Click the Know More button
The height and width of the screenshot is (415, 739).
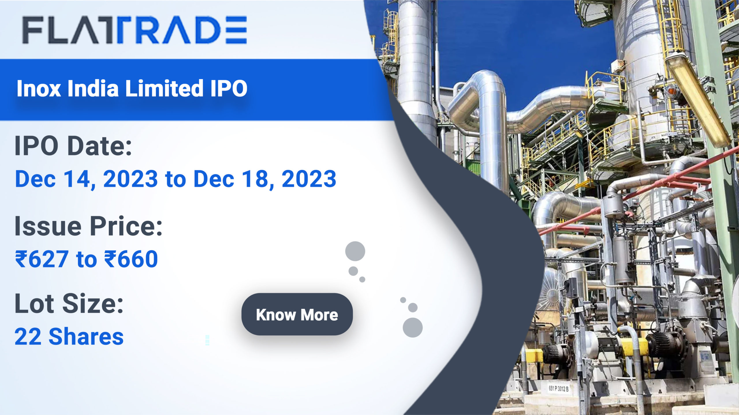coord(297,314)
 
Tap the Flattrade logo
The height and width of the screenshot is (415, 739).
coord(135,30)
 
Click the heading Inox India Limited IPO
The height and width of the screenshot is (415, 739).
coord(132,88)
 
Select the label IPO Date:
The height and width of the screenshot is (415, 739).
coord(73,146)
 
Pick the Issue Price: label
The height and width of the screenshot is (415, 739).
coord(89,226)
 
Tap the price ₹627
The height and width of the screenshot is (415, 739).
coord(42,259)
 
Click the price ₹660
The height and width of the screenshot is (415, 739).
coord(131,259)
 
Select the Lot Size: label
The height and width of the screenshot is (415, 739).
coord(69,304)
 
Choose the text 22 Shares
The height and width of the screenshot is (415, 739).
coord(69,337)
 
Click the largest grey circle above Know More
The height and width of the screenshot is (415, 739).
coord(355,251)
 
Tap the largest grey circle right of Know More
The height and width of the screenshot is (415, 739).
coord(413,328)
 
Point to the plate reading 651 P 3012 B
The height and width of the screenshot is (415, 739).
coord(559,388)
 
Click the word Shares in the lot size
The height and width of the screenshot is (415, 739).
coord(86,337)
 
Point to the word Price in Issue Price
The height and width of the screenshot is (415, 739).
coord(126,226)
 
